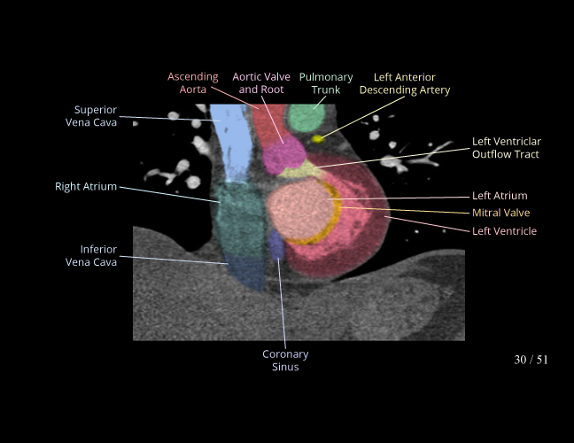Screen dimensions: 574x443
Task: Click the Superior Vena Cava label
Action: [x=91, y=116]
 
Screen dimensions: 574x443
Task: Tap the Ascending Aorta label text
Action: [x=193, y=83]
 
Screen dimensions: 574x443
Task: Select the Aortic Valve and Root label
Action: [x=261, y=83]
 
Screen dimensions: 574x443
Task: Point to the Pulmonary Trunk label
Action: [x=326, y=83]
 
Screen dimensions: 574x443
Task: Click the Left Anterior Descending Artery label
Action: [x=405, y=83]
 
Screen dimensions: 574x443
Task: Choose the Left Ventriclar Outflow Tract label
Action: [x=507, y=148]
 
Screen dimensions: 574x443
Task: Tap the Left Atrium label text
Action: [x=500, y=196]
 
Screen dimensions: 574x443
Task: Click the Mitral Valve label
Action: [x=500, y=213]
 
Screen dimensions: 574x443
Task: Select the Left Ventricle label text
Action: [x=504, y=231]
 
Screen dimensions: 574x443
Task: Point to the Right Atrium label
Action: [x=86, y=186]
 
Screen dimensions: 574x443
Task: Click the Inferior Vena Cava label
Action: [x=91, y=255]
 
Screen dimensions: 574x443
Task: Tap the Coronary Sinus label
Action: [x=285, y=361]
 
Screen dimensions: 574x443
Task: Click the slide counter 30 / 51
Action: [x=531, y=360]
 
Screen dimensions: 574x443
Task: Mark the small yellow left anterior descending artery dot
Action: [x=317, y=139]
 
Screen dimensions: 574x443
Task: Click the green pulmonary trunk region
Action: [x=306, y=118]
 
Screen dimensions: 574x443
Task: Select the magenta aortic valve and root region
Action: [x=283, y=155]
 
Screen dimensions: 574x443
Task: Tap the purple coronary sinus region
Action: [x=276, y=245]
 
